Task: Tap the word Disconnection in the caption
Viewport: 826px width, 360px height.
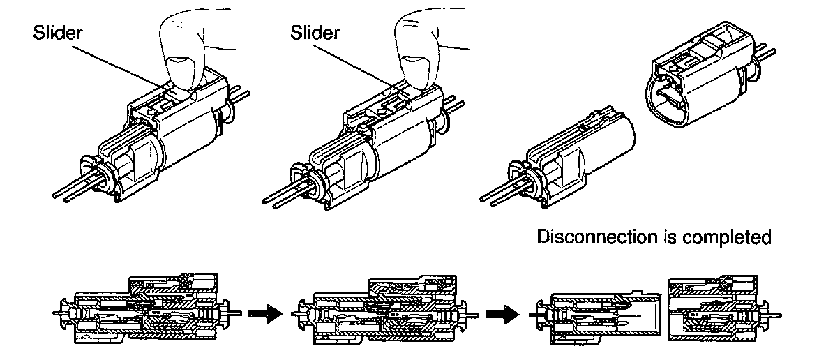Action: click(590, 238)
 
